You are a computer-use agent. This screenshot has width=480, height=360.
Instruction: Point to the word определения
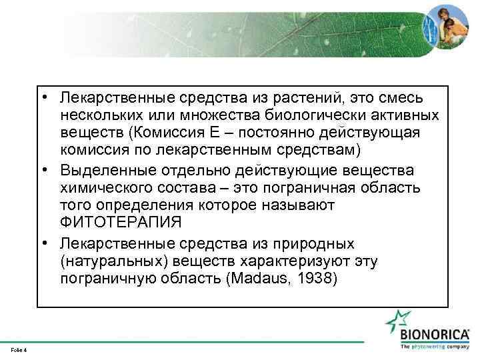point(139,205)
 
